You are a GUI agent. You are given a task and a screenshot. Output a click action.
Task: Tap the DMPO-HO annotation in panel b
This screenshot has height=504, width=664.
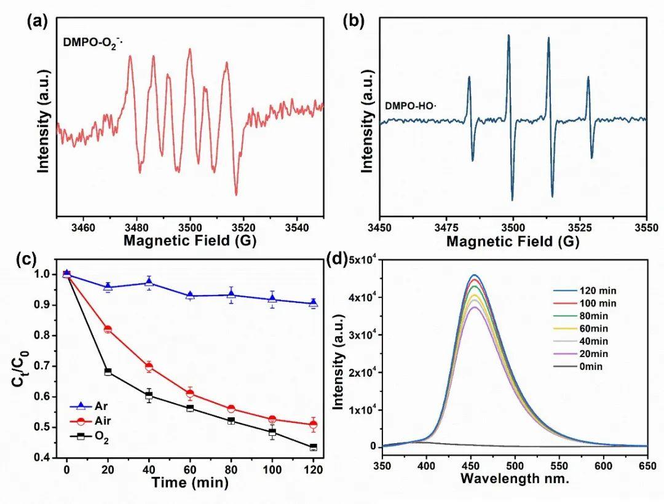[x=410, y=105]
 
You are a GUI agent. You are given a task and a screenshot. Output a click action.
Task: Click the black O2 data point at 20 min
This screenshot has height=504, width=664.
[x=108, y=372]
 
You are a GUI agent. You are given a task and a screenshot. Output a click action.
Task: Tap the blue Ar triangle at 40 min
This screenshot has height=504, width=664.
[x=149, y=283]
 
